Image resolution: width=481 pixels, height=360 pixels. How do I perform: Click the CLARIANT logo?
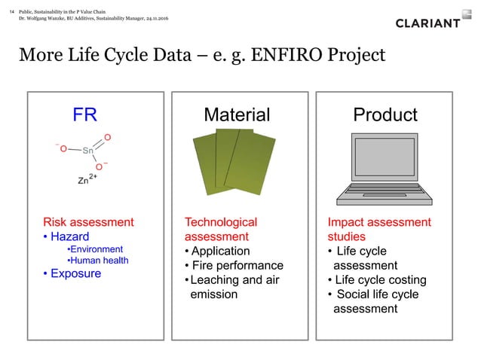[x=427, y=23]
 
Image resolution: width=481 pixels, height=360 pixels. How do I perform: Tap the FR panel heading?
[x=84, y=114]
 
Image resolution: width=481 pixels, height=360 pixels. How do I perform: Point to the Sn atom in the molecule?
[x=87, y=151]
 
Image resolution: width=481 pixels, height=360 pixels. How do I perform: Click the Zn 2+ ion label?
[x=88, y=180]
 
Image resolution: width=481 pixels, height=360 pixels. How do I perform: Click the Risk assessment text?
[x=88, y=222]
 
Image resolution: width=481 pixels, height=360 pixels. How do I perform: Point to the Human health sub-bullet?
[x=98, y=261]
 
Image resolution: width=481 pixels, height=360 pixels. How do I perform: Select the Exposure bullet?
[x=75, y=273]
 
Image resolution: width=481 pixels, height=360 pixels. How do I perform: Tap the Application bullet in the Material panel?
[x=221, y=251]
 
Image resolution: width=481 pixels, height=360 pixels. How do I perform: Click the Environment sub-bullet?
[x=95, y=249]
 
